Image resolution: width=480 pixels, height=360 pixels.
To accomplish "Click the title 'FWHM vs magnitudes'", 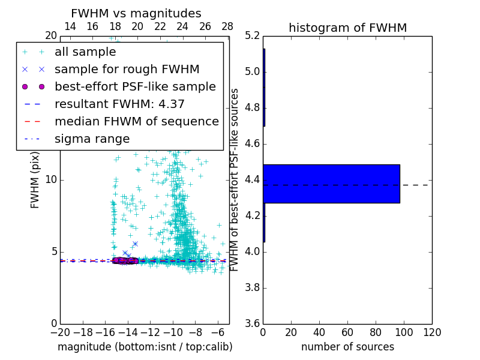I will pos(136,13).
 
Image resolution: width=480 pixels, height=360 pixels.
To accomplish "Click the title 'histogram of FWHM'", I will pos(347,28).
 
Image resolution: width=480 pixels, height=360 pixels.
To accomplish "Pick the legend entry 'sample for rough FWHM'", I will pos(127,69).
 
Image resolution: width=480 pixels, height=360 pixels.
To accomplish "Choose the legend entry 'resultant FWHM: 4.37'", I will pos(119,104).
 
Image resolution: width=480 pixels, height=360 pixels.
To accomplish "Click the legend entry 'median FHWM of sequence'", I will pos(136,121).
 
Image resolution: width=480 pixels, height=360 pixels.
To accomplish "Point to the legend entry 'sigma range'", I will pos(92,139).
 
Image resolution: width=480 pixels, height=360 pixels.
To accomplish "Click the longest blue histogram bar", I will pos(331,184).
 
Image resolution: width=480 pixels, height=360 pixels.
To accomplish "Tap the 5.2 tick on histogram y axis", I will pos(252,36).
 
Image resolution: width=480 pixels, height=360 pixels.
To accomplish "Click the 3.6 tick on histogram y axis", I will pos(252,323).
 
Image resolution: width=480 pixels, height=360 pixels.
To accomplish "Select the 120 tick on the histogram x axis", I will pos(431,332).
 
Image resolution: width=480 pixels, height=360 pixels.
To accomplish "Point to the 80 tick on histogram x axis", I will pos(376,332).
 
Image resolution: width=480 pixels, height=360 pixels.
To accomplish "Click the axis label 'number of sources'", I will pos(347,347).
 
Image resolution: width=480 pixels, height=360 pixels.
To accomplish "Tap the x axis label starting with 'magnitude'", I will pos(145,347).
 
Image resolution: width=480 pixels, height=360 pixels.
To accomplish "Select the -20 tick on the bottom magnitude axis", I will pos(60,332).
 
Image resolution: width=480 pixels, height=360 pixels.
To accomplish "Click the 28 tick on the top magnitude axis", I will pos(227,27).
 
